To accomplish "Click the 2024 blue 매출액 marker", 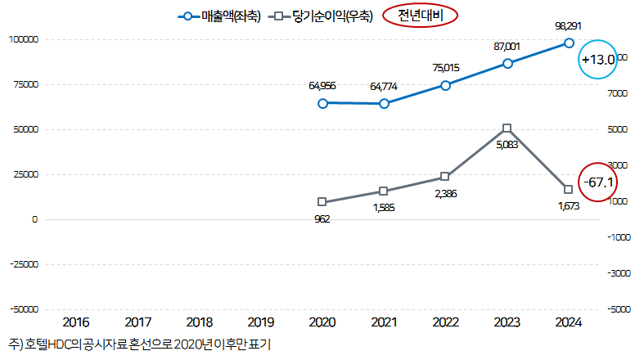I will pos(569,43).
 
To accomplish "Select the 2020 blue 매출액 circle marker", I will pos(322,103).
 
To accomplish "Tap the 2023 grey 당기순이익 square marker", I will pos(507,128).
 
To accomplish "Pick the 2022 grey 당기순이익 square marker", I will pos(445,177).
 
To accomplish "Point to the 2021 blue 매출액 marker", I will pos(384,104).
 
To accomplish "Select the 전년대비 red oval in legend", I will pos(419,16).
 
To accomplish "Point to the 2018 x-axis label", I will pos(200,322).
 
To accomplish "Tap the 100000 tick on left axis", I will pos(24,39).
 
